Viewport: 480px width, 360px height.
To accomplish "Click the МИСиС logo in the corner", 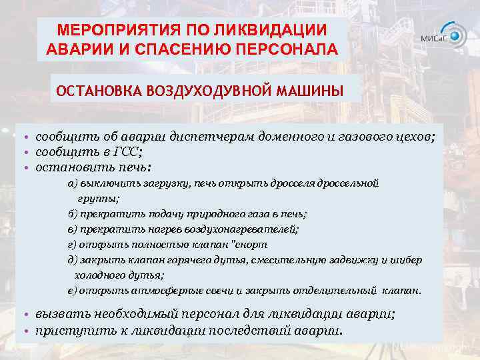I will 443,36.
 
